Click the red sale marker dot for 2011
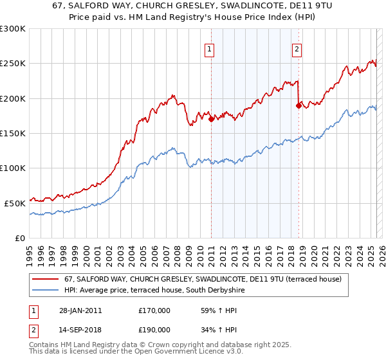[211, 119]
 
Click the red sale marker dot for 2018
[299, 105]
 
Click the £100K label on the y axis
[14, 168]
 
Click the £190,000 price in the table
[154, 332]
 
